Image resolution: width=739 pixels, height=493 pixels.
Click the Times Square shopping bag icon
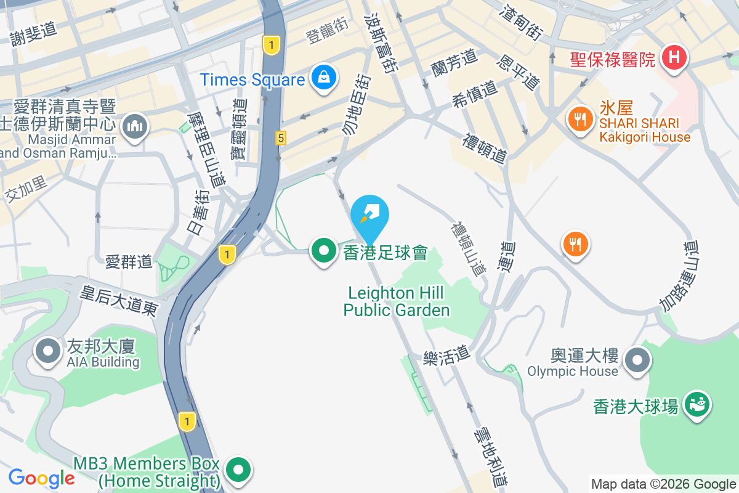pyautogui.click(x=323, y=78)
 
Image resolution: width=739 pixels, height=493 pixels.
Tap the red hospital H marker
pyautogui.click(x=674, y=59)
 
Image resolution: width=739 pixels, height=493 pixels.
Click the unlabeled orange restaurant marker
pyautogui.click(x=575, y=243)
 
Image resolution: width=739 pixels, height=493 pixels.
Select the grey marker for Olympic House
pyautogui.click(x=637, y=360)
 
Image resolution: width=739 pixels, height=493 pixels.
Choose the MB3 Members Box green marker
pyautogui.click(x=238, y=470)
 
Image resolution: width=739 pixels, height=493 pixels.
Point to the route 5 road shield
pyautogui.click(x=281, y=139)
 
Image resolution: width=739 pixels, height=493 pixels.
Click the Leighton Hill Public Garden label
pyautogui.click(x=397, y=301)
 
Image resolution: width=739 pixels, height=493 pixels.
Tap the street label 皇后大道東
pyautogui.click(x=119, y=299)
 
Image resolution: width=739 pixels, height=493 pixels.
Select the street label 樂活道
pyautogui.click(x=446, y=356)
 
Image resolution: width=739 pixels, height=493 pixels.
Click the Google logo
pyautogui.click(x=41, y=478)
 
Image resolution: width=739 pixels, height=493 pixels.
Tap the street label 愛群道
pyautogui.click(x=128, y=261)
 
